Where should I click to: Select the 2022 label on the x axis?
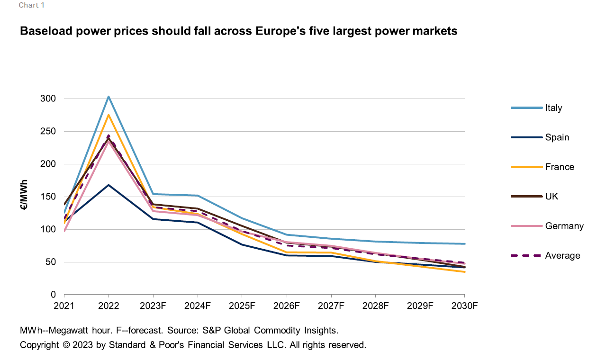pos(109,306)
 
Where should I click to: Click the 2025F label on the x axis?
pos(242,306)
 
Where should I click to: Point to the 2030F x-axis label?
pos(464,306)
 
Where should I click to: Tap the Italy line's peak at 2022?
pos(109,97)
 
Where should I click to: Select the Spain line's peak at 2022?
pos(109,185)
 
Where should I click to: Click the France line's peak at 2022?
pos(109,115)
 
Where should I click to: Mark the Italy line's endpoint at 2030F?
pos(464,244)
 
